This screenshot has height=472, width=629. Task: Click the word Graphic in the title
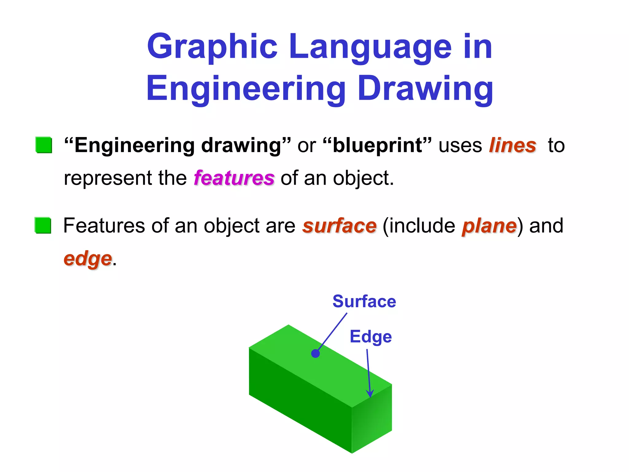(x=212, y=47)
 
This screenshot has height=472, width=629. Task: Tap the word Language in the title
(x=370, y=47)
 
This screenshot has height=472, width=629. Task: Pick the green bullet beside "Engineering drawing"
(x=44, y=145)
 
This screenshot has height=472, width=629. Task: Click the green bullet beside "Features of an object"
(x=43, y=225)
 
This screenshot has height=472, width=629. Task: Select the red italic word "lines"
(x=512, y=145)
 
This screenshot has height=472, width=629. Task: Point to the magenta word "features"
(x=234, y=178)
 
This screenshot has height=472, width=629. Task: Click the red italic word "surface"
(x=339, y=226)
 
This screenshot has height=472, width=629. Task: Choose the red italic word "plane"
(x=489, y=226)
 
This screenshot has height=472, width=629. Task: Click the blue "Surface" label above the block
(x=364, y=301)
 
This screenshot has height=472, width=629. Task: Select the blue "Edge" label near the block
(x=371, y=337)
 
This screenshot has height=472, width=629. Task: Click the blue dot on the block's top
(x=315, y=354)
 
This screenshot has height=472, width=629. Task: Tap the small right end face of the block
(x=372, y=419)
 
